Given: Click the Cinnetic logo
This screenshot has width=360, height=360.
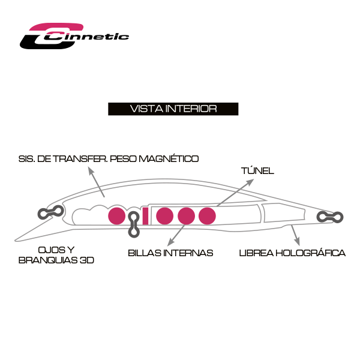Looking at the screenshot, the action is (74, 36).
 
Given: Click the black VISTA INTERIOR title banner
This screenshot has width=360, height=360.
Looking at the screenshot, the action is (173, 109).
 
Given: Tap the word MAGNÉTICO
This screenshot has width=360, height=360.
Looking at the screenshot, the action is (169, 158).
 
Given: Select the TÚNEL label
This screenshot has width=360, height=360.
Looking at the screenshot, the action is (257, 171).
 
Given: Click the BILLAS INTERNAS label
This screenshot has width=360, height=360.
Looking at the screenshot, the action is (170, 253).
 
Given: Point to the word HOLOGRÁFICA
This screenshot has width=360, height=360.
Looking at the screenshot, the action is (310, 253).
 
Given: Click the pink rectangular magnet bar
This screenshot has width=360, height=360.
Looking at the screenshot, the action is (145, 216).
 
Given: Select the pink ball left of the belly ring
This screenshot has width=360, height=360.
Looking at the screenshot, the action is (116, 216).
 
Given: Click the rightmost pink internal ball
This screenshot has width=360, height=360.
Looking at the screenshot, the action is (207, 216).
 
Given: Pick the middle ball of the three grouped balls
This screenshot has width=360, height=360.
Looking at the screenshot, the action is (186, 216).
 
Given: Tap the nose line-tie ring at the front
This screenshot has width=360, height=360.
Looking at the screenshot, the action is (50, 212).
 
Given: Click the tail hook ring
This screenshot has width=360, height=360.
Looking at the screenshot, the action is (330, 217).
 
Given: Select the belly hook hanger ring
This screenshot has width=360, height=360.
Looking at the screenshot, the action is (134, 224).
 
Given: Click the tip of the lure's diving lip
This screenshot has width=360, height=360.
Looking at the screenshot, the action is (16, 241).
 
